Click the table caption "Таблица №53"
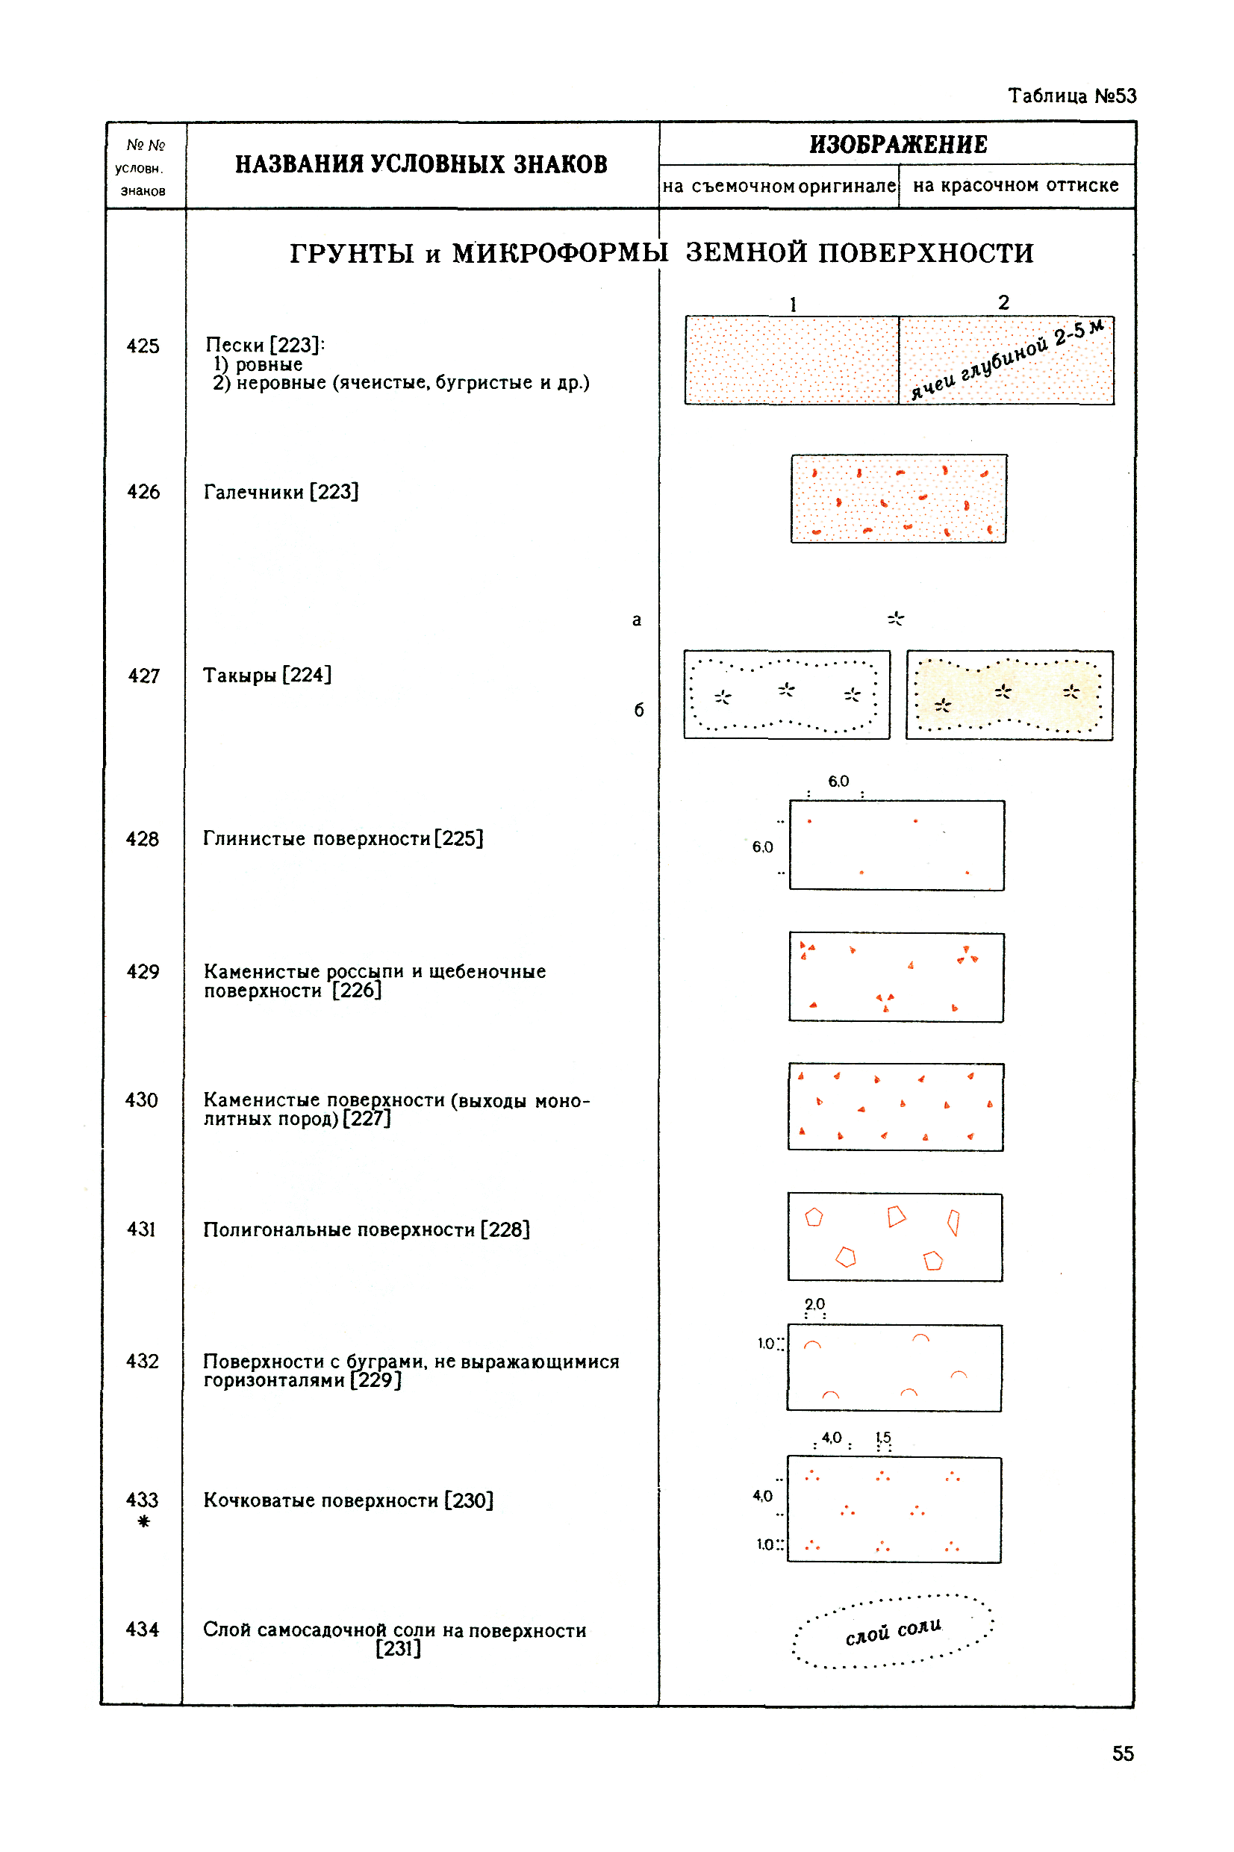click(x=1072, y=96)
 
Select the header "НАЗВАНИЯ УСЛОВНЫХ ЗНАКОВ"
click(x=421, y=164)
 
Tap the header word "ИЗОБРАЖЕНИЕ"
click(x=898, y=145)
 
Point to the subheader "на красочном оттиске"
click(x=1015, y=186)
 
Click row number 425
click(x=143, y=346)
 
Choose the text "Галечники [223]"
click(x=281, y=493)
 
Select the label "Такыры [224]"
click(x=267, y=676)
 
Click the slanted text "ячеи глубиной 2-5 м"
click(x=1007, y=360)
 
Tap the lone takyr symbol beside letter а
click(x=896, y=619)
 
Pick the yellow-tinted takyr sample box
click(x=1010, y=696)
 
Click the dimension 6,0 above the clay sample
click(x=838, y=782)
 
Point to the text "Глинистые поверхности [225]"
click(x=343, y=840)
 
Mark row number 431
click(x=142, y=1229)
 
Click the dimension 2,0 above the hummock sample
click(x=814, y=1304)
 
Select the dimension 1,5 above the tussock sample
click(x=884, y=1438)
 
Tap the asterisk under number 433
click(x=143, y=1521)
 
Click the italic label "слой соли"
click(x=894, y=1632)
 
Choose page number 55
click(x=1123, y=1753)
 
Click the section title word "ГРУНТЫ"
click(x=352, y=253)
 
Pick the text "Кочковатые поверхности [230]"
click(x=349, y=1501)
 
